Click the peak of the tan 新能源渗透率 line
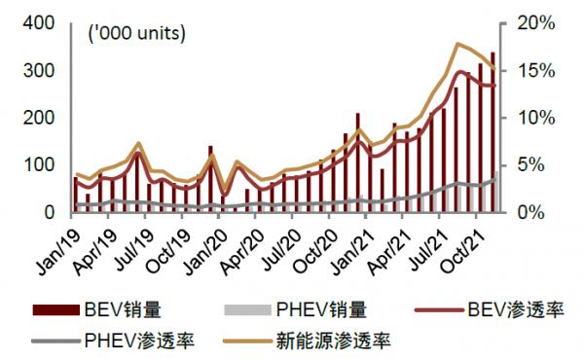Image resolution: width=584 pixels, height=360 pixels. tap(456, 44)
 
